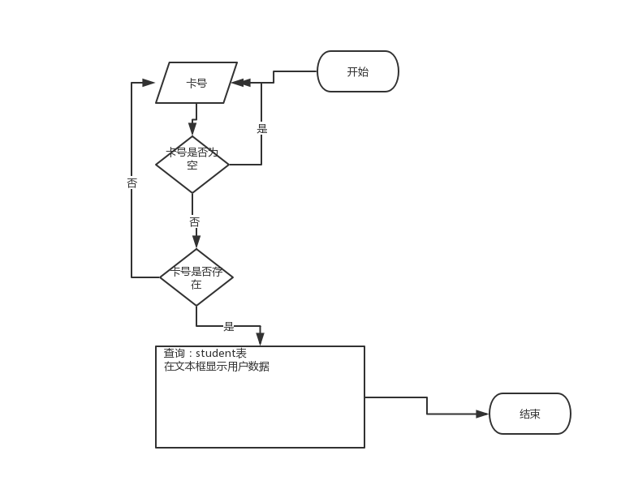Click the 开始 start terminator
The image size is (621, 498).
click(x=357, y=71)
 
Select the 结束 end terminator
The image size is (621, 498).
click(x=529, y=414)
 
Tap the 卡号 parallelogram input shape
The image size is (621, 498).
click(x=196, y=83)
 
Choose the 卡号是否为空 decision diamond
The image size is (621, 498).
click(x=192, y=165)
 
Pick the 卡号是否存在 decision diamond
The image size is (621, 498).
click(x=196, y=277)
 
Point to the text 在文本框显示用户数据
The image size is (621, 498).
click(x=217, y=367)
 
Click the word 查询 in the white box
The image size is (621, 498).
click(x=175, y=354)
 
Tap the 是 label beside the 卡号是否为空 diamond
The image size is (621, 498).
click(x=261, y=128)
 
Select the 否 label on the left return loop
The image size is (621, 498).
click(x=132, y=183)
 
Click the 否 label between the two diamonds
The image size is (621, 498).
click(x=194, y=221)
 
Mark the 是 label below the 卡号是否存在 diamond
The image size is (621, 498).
click(x=229, y=326)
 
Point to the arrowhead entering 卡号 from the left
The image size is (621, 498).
click(x=149, y=83)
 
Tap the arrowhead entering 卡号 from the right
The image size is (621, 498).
click(x=240, y=83)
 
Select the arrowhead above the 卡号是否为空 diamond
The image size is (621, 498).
click(x=192, y=129)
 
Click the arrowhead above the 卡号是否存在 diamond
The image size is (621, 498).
click(x=196, y=242)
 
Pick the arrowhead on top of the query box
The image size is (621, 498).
click(x=260, y=338)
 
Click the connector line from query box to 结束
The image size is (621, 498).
click(x=427, y=405)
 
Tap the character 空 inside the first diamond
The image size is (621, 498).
click(x=192, y=165)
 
